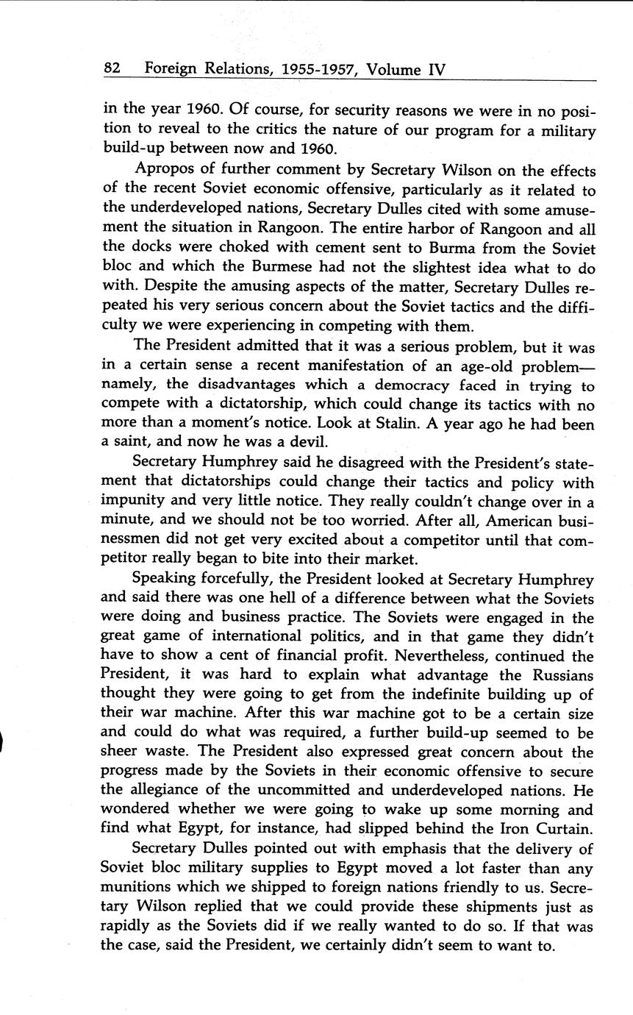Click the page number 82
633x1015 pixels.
click(x=112, y=69)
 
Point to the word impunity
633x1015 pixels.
click(x=132, y=502)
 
